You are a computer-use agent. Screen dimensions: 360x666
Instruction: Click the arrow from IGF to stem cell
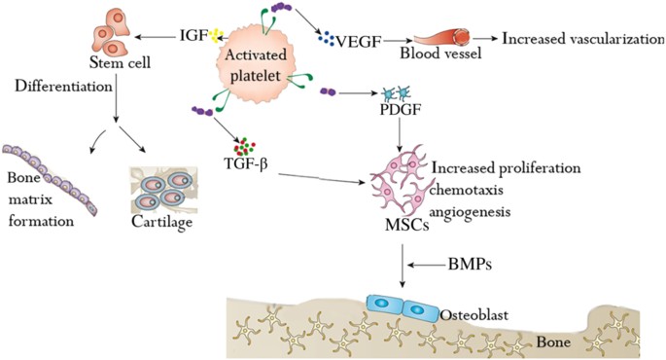tap(155, 38)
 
